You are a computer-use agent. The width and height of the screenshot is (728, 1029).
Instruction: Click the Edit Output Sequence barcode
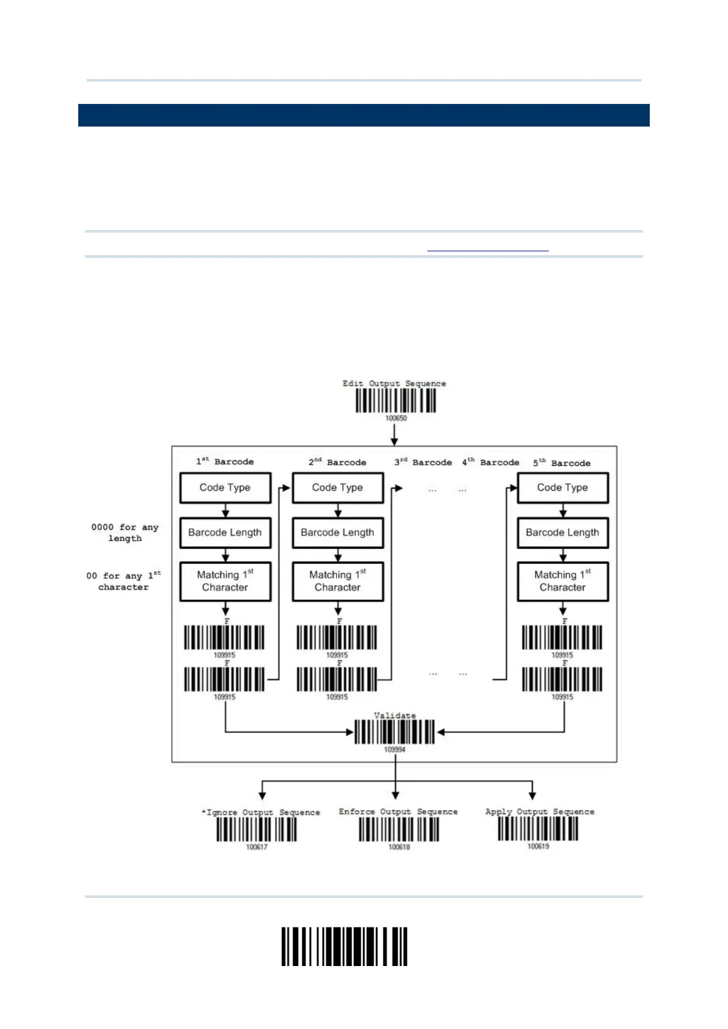[395, 401]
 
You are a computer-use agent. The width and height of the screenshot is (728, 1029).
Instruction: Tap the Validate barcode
[394, 732]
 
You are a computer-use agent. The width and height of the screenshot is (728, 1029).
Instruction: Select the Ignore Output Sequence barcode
[256, 830]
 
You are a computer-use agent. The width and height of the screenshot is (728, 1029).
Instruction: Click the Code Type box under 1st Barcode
[225, 488]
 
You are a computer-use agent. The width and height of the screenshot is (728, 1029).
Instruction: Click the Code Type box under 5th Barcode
[562, 488]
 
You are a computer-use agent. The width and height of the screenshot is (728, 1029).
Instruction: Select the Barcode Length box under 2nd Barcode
[337, 533]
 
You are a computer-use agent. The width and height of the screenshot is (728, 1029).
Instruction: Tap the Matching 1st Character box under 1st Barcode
[225, 581]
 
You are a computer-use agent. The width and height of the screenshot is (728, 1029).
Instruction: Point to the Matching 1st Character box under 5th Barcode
[562, 581]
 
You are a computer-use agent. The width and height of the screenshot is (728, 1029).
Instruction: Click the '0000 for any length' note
[125, 533]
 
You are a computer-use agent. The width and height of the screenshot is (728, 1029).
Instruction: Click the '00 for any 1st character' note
[123, 581]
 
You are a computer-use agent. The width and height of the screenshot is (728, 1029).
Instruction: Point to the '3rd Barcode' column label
[423, 462]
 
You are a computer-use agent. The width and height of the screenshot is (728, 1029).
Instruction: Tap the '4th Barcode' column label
[490, 462]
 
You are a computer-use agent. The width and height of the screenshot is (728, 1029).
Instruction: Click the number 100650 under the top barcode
[395, 419]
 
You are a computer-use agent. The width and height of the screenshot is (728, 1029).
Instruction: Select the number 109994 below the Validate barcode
[394, 750]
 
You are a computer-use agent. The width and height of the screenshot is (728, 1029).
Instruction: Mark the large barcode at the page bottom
[344, 946]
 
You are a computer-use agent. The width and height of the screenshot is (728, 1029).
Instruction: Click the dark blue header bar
[364, 115]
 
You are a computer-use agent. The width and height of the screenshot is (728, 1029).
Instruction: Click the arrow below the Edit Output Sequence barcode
[394, 434]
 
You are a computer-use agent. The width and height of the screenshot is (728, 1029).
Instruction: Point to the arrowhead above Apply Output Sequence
[532, 795]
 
